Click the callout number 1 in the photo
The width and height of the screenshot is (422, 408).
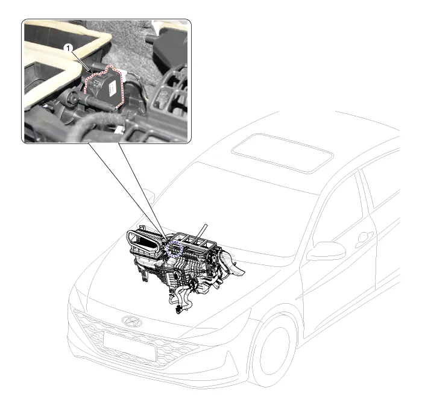[68, 48]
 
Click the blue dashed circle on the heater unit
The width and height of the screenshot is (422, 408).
[174, 249]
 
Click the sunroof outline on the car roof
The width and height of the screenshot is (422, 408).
[282, 154]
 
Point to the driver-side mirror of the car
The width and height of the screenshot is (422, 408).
[326, 251]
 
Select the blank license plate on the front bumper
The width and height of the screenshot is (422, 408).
[130, 347]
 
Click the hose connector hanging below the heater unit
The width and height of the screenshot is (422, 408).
[178, 309]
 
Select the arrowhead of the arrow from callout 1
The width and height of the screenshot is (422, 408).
[92, 72]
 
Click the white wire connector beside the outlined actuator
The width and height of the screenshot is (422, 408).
[125, 73]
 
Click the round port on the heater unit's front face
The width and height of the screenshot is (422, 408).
[177, 275]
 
